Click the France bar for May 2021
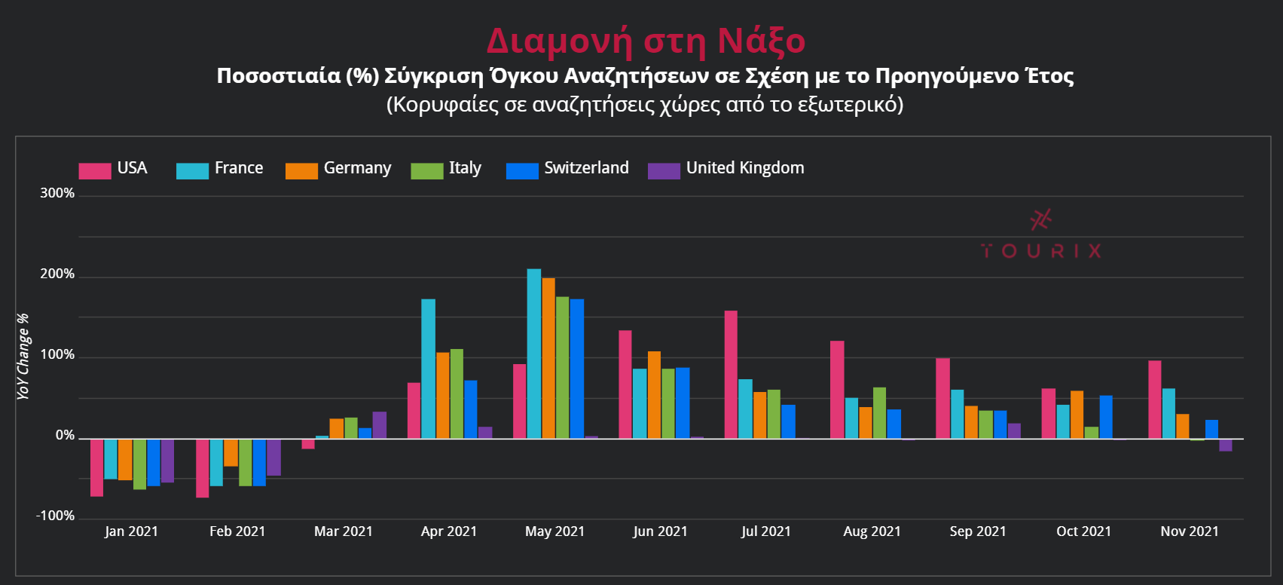pyautogui.click(x=533, y=354)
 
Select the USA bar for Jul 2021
pyautogui.click(x=731, y=375)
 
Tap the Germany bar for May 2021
pyautogui.click(x=548, y=358)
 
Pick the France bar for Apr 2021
pyautogui.click(x=428, y=369)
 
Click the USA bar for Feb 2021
pyautogui.click(x=203, y=468)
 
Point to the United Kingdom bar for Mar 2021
pyautogui.click(x=380, y=425)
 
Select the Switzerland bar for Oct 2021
pyautogui.click(x=1106, y=417)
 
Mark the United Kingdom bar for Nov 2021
pyautogui.click(x=1226, y=445)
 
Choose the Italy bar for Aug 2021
pyautogui.click(x=879, y=413)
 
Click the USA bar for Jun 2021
pyautogui.click(x=625, y=384)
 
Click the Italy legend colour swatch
pyautogui.click(x=426, y=171)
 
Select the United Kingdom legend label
pyautogui.click(x=744, y=168)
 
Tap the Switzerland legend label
pyautogui.click(x=586, y=168)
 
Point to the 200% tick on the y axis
pyautogui.click(x=57, y=274)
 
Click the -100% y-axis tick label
pyautogui.click(x=56, y=516)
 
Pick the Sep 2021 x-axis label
pyautogui.click(x=978, y=531)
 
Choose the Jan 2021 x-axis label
pyautogui.click(x=131, y=531)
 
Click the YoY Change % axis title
pyautogui.click(x=23, y=356)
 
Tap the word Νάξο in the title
pyautogui.click(x=761, y=41)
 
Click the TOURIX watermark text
pyautogui.click(x=1041, y=251)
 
